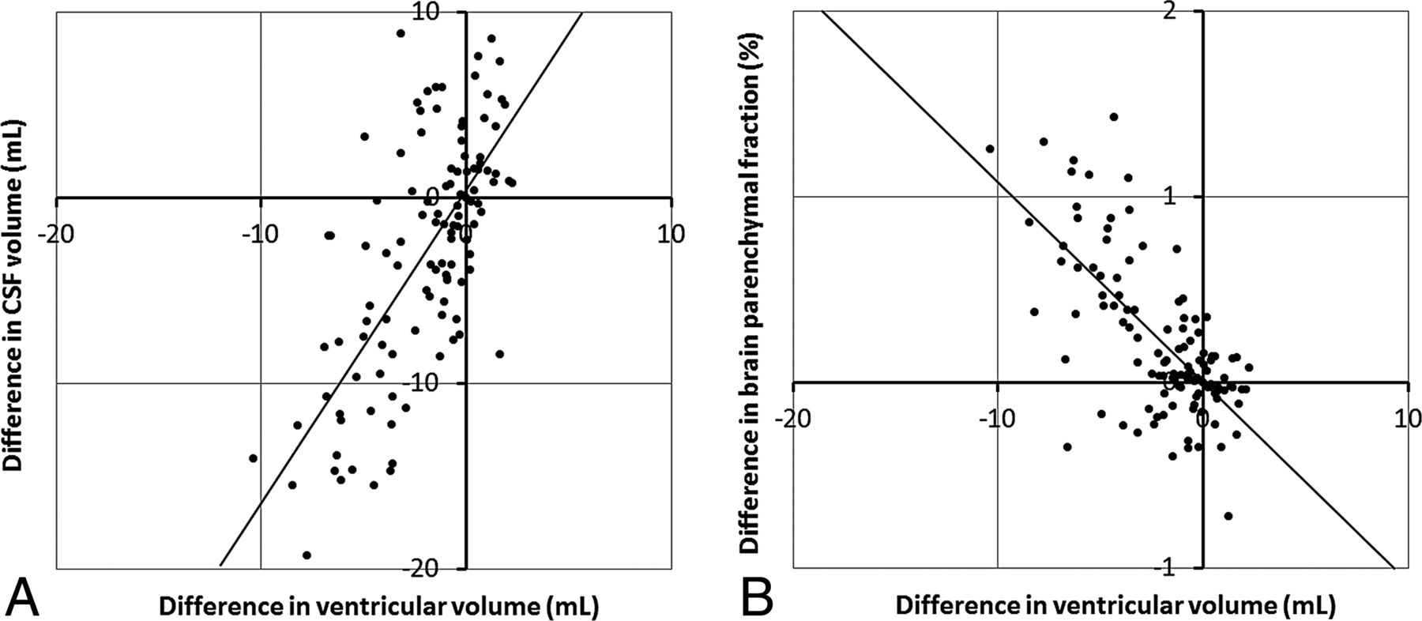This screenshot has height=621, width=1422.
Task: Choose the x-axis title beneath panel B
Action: pyautogui.click(x=1115, y=606)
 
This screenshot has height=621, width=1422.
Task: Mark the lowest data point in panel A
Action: pyautogui.click(x=307, y=555)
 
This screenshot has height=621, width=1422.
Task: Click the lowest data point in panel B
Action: pyautogui.click(x=1228, y=516)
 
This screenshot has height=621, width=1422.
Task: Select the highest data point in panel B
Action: pyautogui.click(x=1114, y=117)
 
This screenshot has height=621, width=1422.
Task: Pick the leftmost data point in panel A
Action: pyautogui.click(x=253, y=458)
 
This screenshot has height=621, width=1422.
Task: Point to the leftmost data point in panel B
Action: pyautogui.click(x=990, y=149)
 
